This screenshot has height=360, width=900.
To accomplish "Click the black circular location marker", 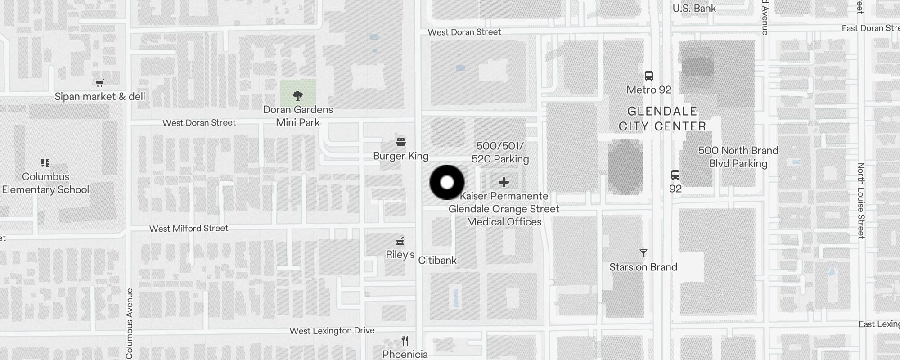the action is click(447, 182).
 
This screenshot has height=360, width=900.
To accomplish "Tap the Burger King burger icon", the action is click(401, 143).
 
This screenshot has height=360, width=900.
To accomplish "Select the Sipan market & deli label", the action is click(100, 96).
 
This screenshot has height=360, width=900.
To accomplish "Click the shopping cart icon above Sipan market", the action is click(100, 83).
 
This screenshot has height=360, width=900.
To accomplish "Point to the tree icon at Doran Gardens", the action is click(297, 95).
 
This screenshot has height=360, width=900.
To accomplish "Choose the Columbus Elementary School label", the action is click(45, 183).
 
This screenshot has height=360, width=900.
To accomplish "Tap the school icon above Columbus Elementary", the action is click(45, 162).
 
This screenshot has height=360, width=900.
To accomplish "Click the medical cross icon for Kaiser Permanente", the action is click(504, 182).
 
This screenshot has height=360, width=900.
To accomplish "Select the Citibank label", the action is click(437, 260).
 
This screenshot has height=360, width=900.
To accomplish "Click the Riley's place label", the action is click(400, 255).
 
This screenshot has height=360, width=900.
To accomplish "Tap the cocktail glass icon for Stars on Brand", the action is click(643, 254).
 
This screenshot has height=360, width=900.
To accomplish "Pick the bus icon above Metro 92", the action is click(648, 76).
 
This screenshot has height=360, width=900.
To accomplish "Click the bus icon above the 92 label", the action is click(675, 175).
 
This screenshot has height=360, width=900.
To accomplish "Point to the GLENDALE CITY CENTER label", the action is click(662, 119).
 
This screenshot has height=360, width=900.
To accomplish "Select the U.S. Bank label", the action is click(694, 9).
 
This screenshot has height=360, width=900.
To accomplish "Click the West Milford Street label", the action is click(189, 229).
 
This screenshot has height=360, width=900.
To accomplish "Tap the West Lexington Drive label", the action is click(332, 331).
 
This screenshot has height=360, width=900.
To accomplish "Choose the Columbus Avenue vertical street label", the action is click(130, 323).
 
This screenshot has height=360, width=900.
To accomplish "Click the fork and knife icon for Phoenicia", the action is click(405, 341).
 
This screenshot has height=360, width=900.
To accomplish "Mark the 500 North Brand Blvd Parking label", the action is click(738, 157).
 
